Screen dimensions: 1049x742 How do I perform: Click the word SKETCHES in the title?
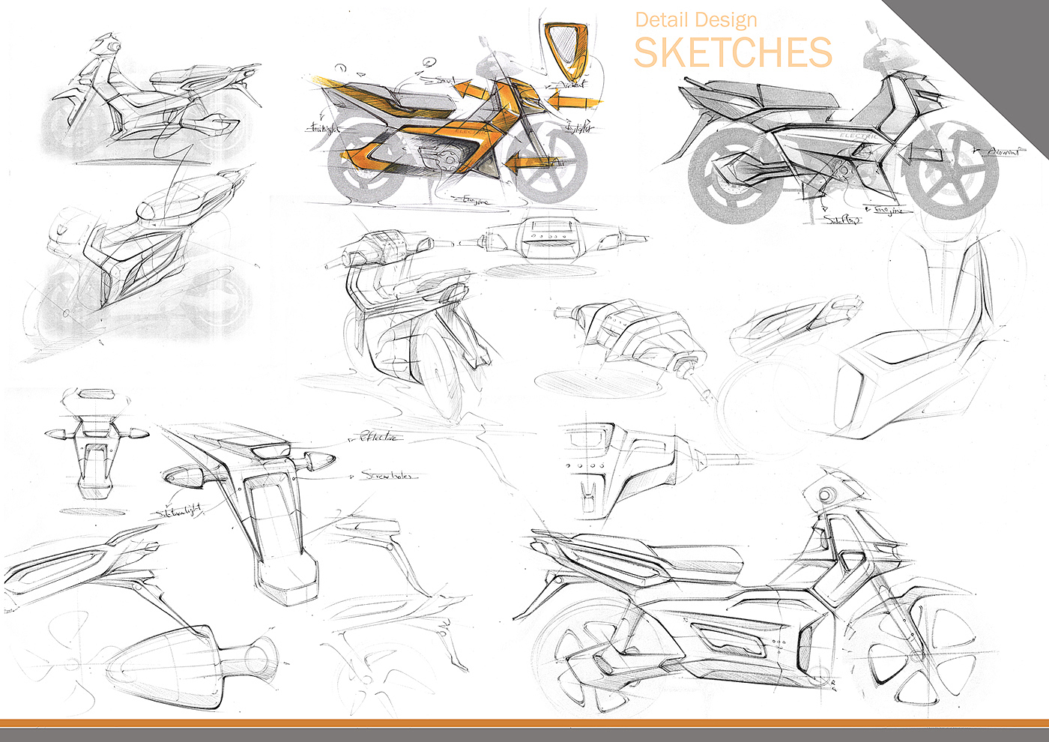pos(733,52)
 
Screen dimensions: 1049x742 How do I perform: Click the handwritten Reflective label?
pos(380,437)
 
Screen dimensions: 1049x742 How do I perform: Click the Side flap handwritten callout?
pos(842,220)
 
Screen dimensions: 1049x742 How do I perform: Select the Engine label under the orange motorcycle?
pos(474,200)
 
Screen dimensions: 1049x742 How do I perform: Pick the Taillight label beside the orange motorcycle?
pos(324,128)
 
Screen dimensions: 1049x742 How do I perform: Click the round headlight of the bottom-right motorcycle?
pos(826,495)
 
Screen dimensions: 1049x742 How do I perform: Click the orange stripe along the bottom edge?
pos(524,723)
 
